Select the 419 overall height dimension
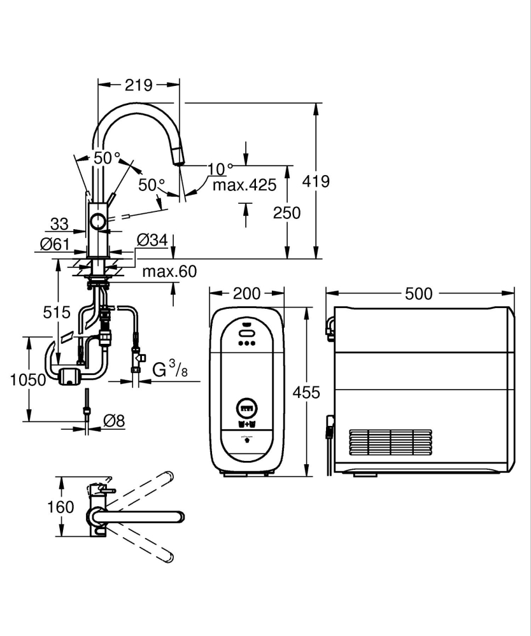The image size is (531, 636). tap(316, 181)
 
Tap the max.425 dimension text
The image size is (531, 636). tap(244, 185)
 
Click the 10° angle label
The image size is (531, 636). tap(220, 169)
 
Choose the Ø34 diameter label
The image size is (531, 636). tap(152, 240)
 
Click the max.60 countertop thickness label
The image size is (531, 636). tap(169, 272)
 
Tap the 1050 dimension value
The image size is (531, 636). tap(27, 380)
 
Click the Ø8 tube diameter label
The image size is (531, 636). tap(114, 420)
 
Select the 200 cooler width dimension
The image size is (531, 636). tap(246, 293)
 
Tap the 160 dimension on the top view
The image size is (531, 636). tap(62, 507)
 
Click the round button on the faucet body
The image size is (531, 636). tap(98, 222)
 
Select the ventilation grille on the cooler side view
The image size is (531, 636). tap(390, 442)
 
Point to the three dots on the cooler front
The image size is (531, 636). tap(247, 343)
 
